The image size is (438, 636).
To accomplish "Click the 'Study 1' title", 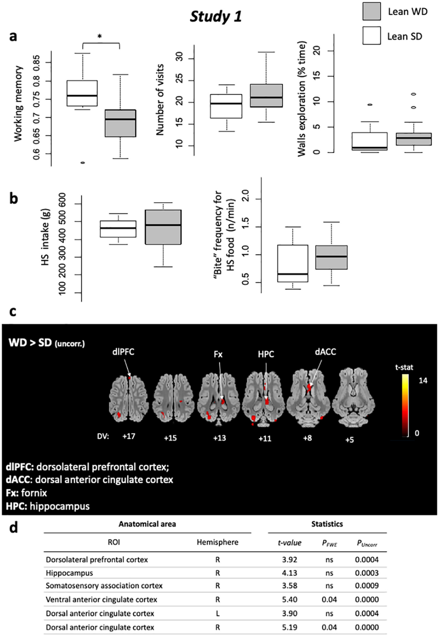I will [216, 16].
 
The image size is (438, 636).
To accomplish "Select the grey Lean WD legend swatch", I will [372, 11].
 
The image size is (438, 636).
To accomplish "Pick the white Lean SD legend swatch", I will [372, 36].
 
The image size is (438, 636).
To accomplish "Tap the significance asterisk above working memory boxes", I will [100, 37].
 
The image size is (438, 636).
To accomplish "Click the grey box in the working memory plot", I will [120, 123].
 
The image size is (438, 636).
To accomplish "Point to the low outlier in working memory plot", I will [82, 163].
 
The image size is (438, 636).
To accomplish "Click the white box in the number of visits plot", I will [226, 106].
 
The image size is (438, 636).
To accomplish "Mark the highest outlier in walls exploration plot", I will [414, 94].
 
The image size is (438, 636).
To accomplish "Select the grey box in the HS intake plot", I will [163, 227].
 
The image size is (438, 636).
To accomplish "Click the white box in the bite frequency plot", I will [293, 263].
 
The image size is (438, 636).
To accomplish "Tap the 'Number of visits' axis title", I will [160, 100].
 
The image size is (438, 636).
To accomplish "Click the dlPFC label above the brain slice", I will [123, 352].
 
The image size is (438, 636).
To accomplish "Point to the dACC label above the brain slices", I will [325, 352].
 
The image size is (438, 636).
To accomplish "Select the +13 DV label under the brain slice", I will [219, 438].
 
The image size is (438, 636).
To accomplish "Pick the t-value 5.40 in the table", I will [290, 600].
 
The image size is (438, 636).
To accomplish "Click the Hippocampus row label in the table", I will [69, 573].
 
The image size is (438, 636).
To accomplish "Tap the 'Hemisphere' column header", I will [217, 542].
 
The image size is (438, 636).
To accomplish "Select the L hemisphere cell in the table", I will [217, 613].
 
